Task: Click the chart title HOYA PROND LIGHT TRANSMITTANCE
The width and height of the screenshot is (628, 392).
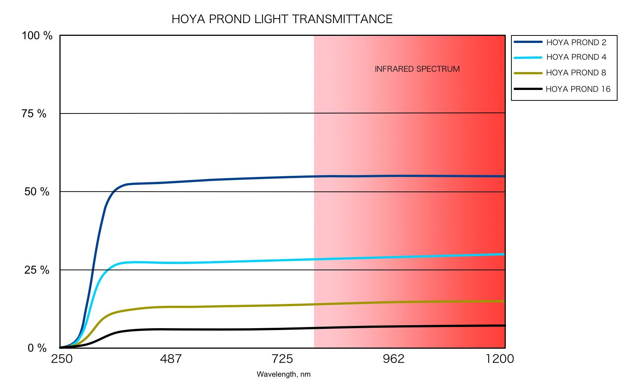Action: point(282,19)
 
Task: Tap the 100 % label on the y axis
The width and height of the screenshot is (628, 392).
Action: point(37,36)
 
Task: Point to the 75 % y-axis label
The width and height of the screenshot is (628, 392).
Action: point(34,113)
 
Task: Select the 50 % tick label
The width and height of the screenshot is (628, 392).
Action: point(37,192)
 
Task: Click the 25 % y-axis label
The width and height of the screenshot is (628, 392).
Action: point(37,270)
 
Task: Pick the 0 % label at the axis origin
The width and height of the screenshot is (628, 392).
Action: point(37,348)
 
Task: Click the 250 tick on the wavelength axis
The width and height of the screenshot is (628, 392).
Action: point(62,359)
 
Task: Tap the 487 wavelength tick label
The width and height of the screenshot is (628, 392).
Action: point(170,359)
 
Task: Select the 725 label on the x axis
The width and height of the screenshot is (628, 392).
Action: point(282,359)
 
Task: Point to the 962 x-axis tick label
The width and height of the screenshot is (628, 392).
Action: point(394,359)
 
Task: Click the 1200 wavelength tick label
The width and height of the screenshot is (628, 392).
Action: point(500,359)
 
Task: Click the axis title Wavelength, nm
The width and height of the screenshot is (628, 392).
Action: point(283,374)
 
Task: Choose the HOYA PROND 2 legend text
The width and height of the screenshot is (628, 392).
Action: point(576,43)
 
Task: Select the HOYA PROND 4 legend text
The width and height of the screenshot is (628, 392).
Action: point(576,57)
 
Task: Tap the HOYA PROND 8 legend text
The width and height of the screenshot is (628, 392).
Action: point(576,73)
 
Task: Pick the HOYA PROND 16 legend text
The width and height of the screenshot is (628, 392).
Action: point(578,89)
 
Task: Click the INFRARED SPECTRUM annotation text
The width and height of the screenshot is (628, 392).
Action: point(417,69)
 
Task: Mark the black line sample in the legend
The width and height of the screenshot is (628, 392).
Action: point(528,89)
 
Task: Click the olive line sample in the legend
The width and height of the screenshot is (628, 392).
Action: point(528,73)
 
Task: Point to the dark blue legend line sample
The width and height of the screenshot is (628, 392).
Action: point(528,42)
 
